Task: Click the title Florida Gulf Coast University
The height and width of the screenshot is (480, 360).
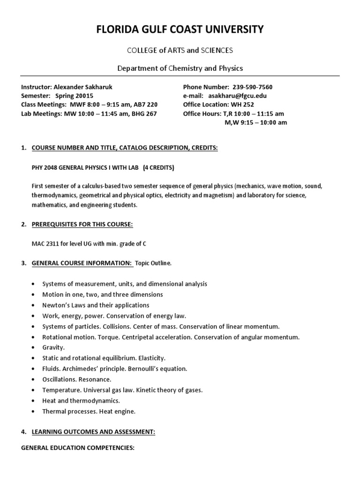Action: [x=180, y=30]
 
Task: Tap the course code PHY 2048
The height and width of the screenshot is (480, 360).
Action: [x=43, y=167]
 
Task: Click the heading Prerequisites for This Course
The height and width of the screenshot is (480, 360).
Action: [x=82, y=225]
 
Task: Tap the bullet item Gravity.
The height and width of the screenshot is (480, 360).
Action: [x=53, y=348]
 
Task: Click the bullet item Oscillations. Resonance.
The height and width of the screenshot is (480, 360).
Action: [x=77, y=379]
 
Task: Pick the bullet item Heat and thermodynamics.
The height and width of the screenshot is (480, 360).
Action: [x=81, y=400]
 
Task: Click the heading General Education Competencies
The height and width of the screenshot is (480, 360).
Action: [x=78, y=448]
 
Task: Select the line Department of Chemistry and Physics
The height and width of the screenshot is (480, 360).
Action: [x=180, y=68]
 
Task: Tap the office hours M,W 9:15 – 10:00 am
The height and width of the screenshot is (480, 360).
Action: [x=256, y=122]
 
